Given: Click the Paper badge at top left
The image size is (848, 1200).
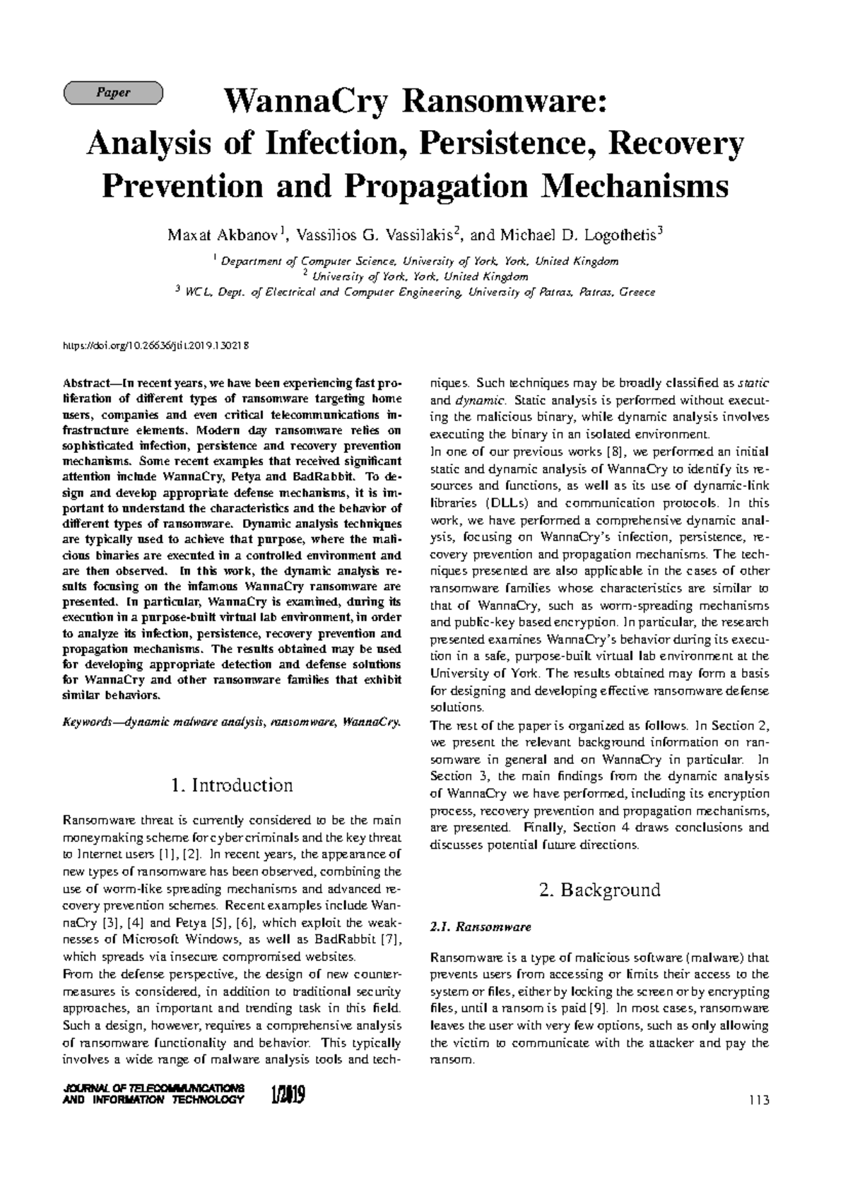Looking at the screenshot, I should click(x=113, y=93).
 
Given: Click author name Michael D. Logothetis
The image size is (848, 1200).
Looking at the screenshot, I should click(x=581, y=235).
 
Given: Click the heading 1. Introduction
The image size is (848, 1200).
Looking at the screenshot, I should click(x=232, y=785).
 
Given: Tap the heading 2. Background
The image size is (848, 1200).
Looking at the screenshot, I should click(x=599, y=890).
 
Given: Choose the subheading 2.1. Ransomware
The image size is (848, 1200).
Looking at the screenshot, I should click(x=480, y=927).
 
